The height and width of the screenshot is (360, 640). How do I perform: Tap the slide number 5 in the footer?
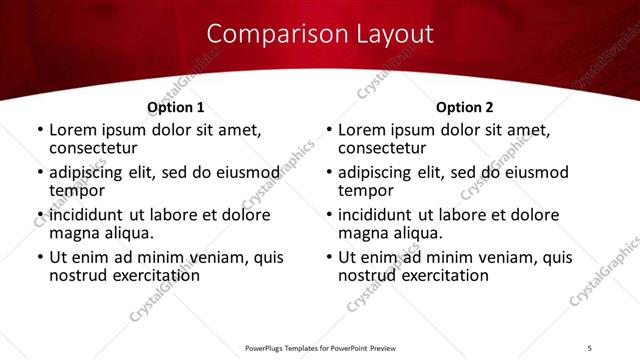[x=589, y=347]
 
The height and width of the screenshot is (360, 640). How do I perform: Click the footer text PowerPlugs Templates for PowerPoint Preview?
[x=320, y=347]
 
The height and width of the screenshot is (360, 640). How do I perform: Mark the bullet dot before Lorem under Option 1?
[x=40, y=131]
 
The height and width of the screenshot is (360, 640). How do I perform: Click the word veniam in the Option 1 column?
[x=210, y=258]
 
